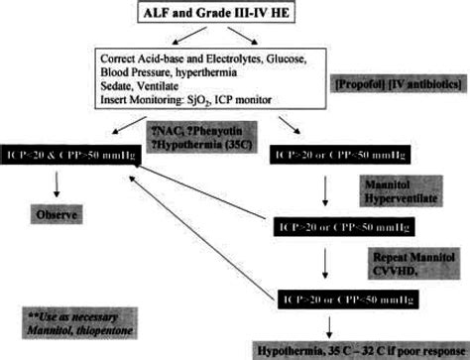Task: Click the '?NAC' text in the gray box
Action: click(x=164, y=129)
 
